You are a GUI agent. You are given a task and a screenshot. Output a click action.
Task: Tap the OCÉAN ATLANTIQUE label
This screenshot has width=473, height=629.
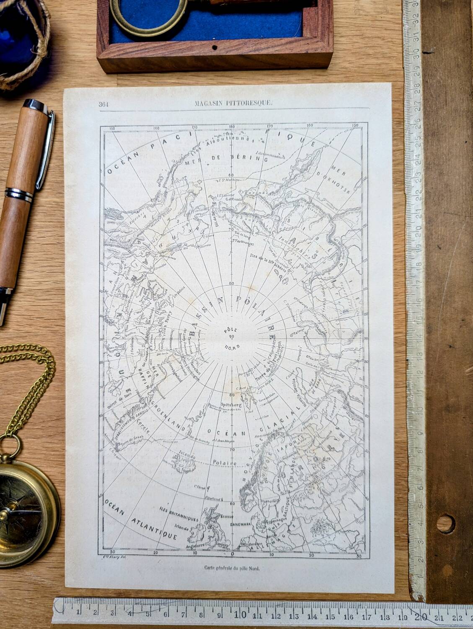coord(141,519)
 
